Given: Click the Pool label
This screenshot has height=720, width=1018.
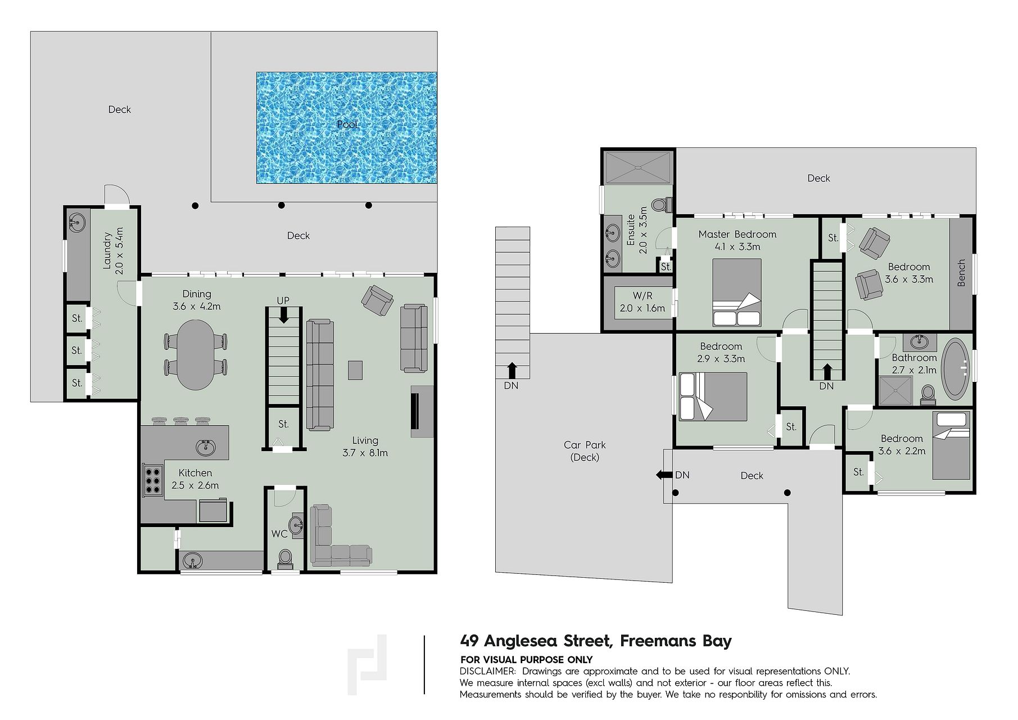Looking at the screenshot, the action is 347,124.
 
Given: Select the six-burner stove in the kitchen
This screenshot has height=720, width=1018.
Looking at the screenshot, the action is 152,480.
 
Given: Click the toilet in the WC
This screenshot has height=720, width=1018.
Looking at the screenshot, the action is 286,558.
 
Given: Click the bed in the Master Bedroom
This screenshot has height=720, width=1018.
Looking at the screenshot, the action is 737,292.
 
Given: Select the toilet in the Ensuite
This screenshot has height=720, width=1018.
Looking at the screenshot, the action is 662,204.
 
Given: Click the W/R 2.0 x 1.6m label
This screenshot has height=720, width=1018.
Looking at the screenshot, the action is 643,302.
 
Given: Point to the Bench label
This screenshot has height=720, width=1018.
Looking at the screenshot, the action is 961,273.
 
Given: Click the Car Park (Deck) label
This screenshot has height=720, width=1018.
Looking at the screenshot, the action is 585,451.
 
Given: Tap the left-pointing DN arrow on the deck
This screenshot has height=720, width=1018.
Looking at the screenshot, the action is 664,475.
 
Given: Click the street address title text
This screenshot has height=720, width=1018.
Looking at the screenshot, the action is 596,641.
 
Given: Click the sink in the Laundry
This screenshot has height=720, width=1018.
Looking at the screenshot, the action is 77,222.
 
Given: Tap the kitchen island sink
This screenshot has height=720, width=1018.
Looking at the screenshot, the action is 205,447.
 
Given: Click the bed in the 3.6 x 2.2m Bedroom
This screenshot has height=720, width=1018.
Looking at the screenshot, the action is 951,445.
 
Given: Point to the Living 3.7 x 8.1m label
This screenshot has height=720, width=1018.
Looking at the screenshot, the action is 365,447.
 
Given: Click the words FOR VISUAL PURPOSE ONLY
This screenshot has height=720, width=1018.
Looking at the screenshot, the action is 526,660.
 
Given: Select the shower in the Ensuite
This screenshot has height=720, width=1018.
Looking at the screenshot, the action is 637,168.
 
